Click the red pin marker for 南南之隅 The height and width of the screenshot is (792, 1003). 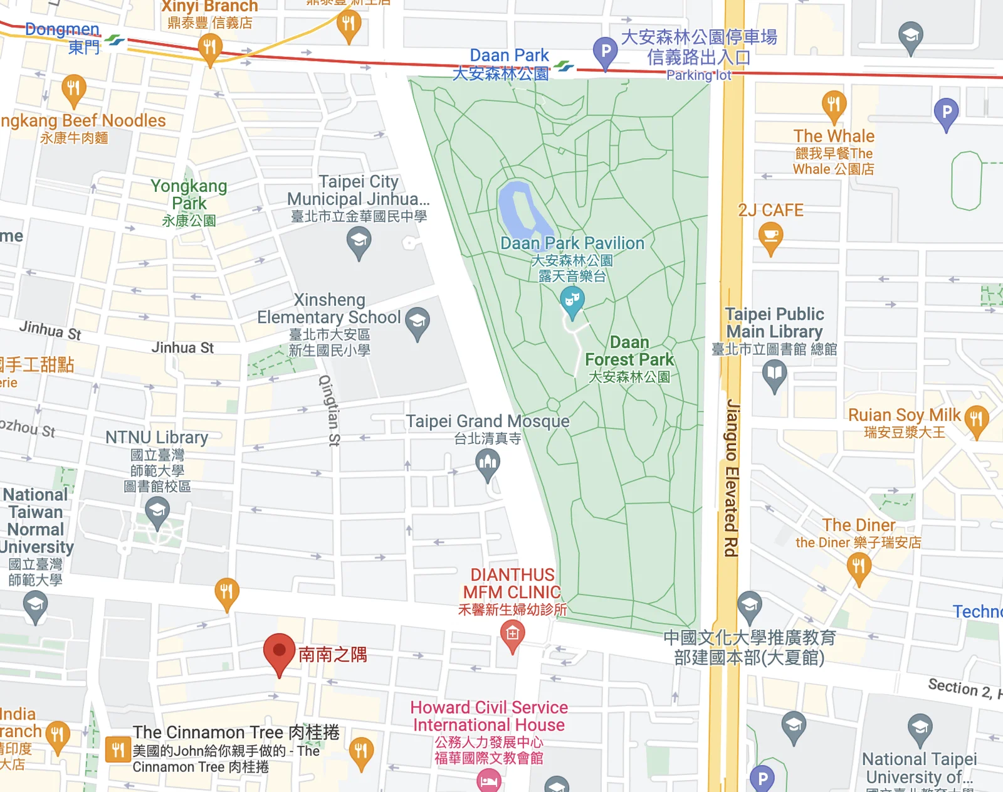pos(279,652)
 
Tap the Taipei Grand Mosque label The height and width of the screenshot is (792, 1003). pos(487,421)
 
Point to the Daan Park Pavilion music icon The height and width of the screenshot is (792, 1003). pos(572,300)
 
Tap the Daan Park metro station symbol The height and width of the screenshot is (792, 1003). pos(564,66)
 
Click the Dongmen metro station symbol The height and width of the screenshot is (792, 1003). pos(115,41)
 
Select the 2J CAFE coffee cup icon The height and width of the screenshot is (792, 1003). pos(771,237)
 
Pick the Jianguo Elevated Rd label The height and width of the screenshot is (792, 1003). pos(732,477)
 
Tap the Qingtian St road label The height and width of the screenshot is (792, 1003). pos(330,411)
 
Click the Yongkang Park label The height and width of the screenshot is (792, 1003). pos(189,194)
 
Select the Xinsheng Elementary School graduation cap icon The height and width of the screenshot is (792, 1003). pos(417,321)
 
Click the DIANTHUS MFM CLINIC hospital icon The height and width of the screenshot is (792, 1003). pos(512,635)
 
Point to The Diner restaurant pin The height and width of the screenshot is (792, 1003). pos(859,567)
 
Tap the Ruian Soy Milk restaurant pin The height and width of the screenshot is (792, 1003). pos(976,418)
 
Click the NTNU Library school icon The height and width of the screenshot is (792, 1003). pos(157,510)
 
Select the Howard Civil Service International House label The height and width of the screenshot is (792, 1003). pos(489,716)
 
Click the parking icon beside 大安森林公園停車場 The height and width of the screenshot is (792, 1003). pos(606,50)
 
